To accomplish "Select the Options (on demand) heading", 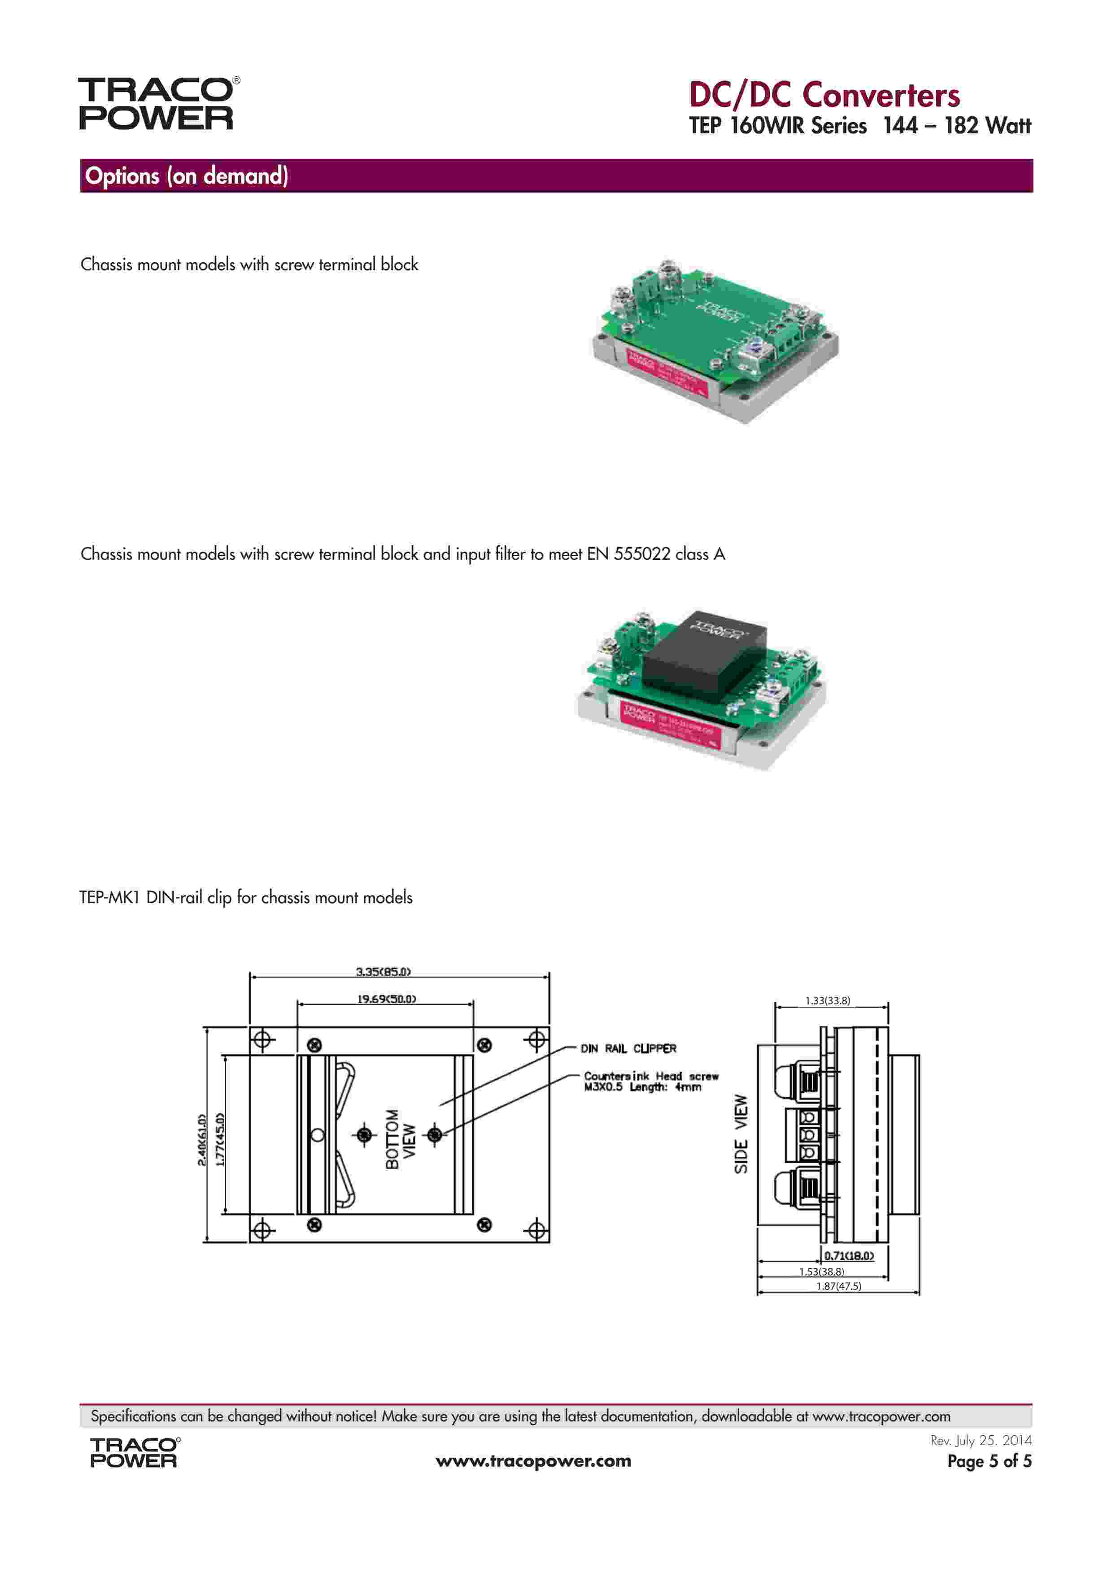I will coord(186,176).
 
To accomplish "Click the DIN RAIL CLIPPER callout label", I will coord(628,1048).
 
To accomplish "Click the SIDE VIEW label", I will coord(741,1134).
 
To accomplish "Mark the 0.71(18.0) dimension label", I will coord(848,1256).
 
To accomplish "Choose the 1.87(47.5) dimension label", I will coord(838,1286).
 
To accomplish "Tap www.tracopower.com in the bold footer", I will coord(533,1461).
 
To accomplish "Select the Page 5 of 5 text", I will coord(989,1461).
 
